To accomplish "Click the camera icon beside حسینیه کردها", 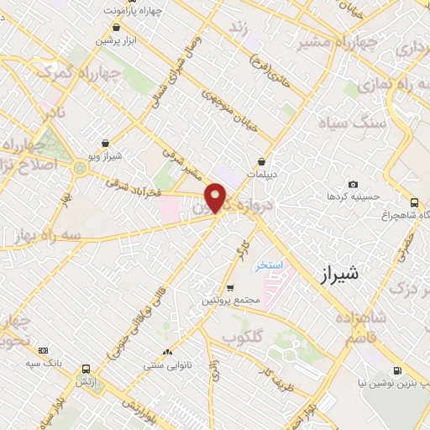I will pos(353,185).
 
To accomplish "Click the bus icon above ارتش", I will pos(86,369).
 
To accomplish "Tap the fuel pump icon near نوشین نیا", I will pos(396,370).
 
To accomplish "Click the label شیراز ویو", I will pos(105,156).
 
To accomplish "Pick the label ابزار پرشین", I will pos(113,39).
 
